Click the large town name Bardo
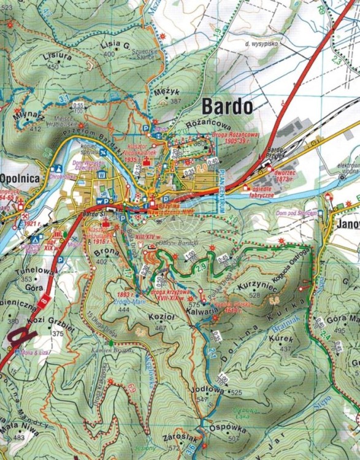(x=226, y=106)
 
